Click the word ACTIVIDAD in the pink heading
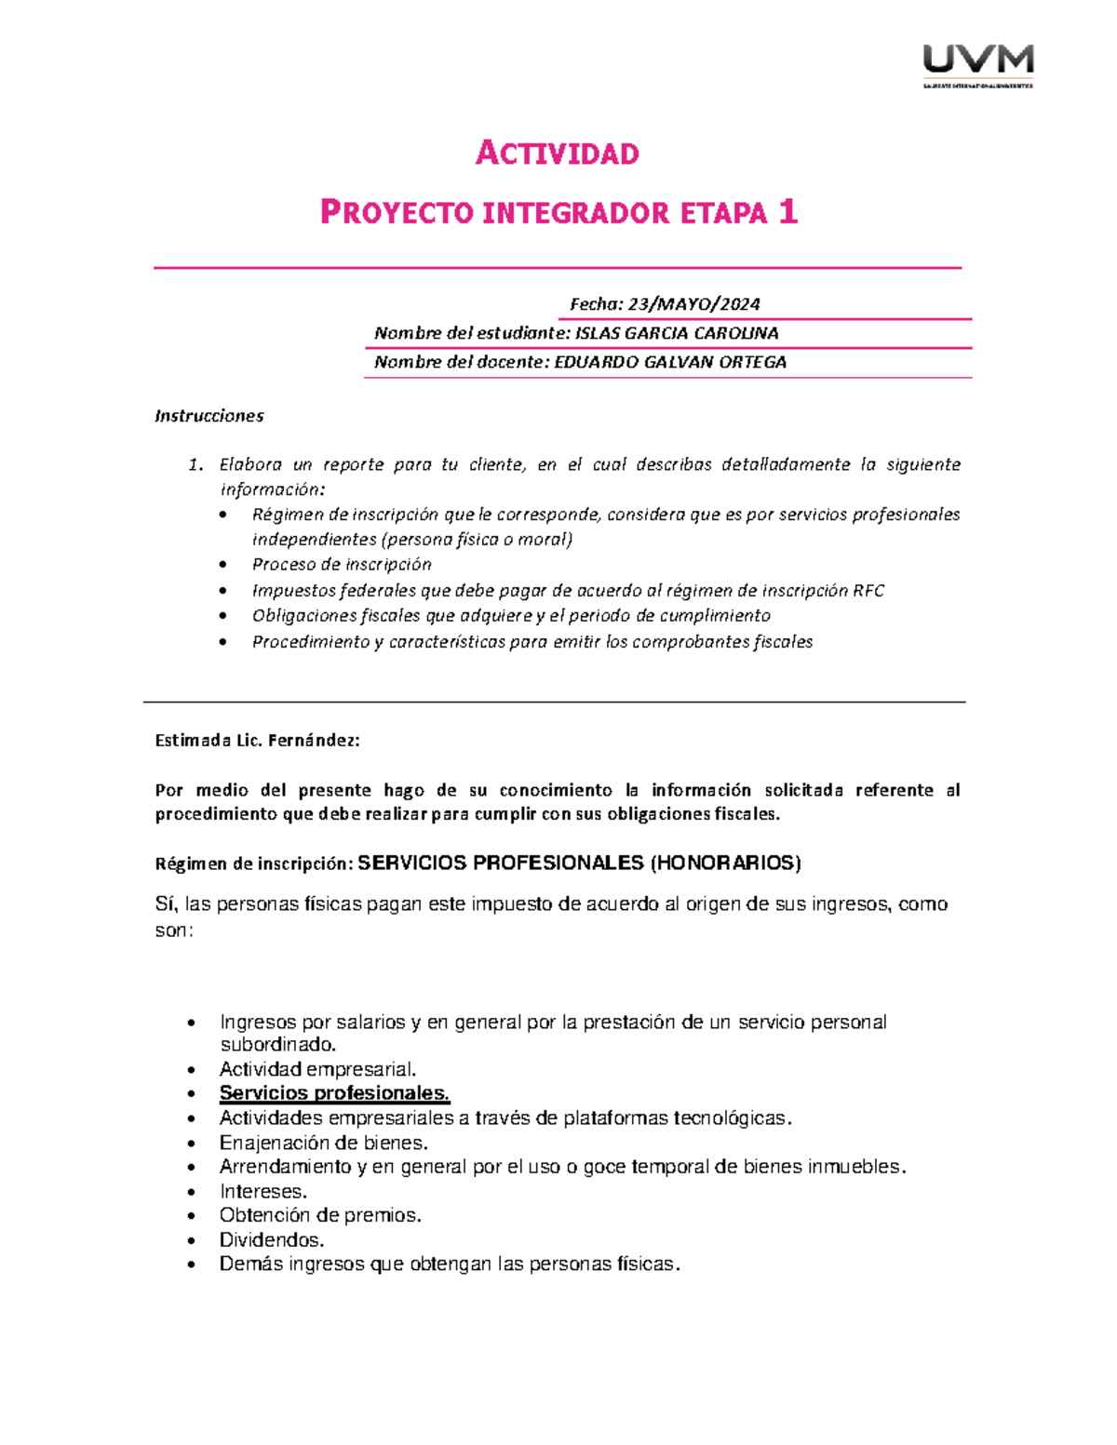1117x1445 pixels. click(558, 154)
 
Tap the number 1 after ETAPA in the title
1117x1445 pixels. click(788, 213)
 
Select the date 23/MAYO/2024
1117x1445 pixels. click(693, 304)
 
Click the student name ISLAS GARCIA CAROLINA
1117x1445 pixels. click(677, 333)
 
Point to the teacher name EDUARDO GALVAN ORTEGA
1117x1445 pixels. click(669, 362)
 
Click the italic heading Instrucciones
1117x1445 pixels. click(209, 416)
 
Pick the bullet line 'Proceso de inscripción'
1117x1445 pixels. click(342, 565)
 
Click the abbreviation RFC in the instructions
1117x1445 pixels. click(868, 591)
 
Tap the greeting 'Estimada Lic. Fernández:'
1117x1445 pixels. click(257, 741)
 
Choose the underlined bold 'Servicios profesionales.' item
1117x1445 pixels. click(334, 1093)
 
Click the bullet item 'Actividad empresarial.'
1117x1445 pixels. click(317, 1069)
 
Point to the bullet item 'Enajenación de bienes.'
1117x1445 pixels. click(323, 1143)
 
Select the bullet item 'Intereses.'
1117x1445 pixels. click(262, 1191)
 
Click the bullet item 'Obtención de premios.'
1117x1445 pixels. click(320, 1215)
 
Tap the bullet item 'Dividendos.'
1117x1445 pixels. click(271, 1240)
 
